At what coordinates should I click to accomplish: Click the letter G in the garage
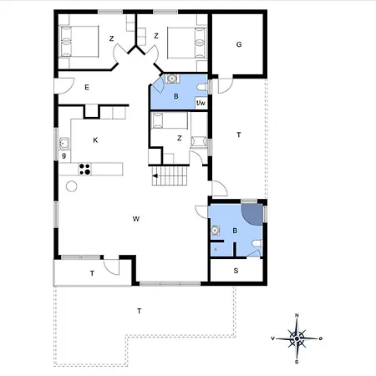tap(239, 44)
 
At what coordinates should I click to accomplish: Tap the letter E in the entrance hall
tap(87, 88)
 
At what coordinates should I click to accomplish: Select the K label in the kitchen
tap(95, 140)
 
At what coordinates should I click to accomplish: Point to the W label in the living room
tap(136, 219)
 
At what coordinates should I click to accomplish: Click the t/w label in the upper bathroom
tap(201, 103)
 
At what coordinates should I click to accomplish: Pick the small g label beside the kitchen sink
tap(64, 155)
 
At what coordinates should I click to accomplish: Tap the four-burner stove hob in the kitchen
tap(84, 170)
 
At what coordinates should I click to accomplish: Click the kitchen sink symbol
tap(64, 144)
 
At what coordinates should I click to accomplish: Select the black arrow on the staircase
tap(155, 175)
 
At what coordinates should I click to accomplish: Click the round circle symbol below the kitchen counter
tap(72, 186)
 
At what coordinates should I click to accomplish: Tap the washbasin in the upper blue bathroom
tap(172, 79)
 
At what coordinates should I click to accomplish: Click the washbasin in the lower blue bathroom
tap(215, 231)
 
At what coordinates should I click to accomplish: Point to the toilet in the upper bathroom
tap(201, 88)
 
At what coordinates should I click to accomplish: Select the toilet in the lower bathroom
tap(257, 244)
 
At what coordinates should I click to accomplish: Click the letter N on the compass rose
tap(297, 315)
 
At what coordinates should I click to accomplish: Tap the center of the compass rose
tap(297, 338)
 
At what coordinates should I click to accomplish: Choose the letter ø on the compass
tap(321, 338)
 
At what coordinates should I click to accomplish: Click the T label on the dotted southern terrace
tap(140, 311)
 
